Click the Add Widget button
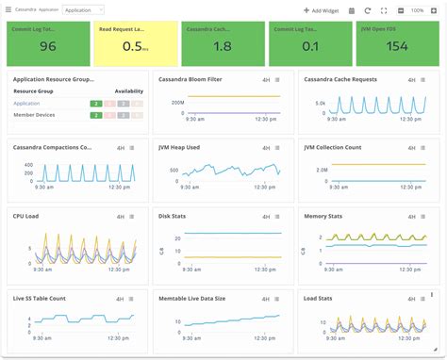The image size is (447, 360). pos(321,10)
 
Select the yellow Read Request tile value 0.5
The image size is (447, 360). pos(133,46)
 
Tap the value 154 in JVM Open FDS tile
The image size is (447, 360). pos(396,46)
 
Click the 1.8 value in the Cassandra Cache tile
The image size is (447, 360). pos(222,46)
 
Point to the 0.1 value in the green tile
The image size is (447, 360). pos(309,46)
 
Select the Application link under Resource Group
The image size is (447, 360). pos(26,102)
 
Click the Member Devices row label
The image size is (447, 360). pos(33,115)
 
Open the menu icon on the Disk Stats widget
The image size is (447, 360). pos(277,216)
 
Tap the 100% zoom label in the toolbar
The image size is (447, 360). pos(417,10)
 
